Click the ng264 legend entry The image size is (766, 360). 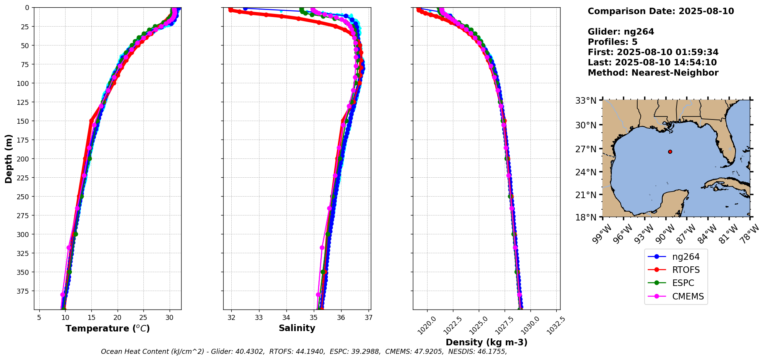click(x=685, y=257)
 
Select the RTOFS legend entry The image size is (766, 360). click(x=685, y=270)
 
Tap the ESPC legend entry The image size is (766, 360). click(x=683, y=283)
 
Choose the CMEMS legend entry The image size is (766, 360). click(x=688, y=296)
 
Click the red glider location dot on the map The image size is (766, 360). click(x=670, y=152)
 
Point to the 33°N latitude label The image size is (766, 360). click(x=586, y=101)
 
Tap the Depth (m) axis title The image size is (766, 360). click(x=9, y=159)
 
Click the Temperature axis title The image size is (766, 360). click(x=108, y=328)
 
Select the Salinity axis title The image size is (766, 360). click(x=297, y=328)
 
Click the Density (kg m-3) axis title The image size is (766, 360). click(x=487, y=342)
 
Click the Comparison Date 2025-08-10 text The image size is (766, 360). click(x=661, y=11)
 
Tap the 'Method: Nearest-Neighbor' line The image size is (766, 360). click(x=653, y=73)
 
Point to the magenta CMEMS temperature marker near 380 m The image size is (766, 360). click(x=63, y=294)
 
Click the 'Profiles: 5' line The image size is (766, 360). click(x=613, y=42)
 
